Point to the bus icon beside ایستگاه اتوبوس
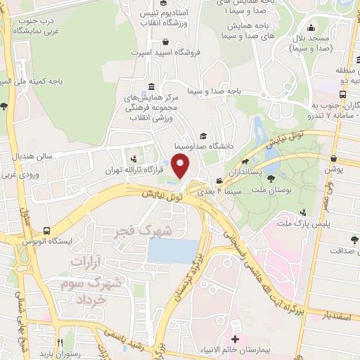(46, 231)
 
